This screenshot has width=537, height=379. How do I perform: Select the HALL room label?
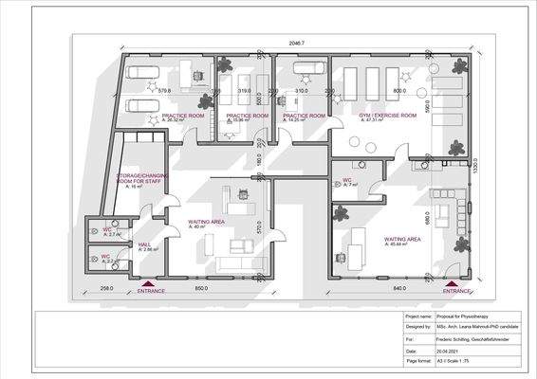pos(145,244)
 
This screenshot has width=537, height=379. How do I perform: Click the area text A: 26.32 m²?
pos(181,120)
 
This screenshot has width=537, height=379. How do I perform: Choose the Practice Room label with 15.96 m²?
pos(243,115)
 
